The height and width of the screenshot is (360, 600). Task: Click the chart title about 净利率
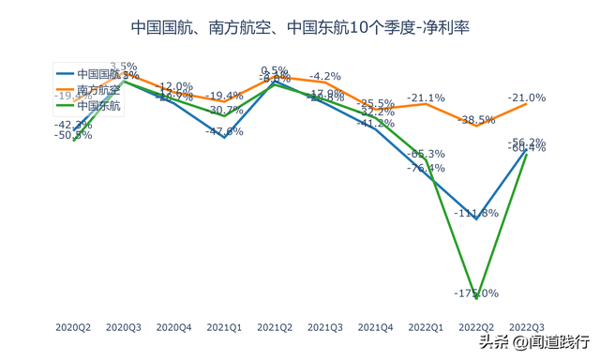[x=299, y=27]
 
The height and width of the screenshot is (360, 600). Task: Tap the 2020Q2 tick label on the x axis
[x=73, y=327]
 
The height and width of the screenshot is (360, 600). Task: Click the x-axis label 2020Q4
[x=173, y=327]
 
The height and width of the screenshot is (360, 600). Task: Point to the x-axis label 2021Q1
[x=224, y=327]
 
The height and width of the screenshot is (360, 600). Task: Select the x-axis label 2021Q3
[x=325, y=327]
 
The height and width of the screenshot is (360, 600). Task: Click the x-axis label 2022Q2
[x=476, y=327]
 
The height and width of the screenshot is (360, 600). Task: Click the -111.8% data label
[x=477, y=213]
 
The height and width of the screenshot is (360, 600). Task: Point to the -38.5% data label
[x=477, y=119]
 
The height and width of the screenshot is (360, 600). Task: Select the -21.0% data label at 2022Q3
[x=527, y=97]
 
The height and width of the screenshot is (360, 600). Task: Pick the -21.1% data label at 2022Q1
[x=427, y=97]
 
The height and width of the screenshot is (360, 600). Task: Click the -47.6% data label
[x=225, y=131]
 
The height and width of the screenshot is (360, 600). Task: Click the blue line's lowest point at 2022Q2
[x=477, y=218]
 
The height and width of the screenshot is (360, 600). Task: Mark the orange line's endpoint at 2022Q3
[x=527, y=103]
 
